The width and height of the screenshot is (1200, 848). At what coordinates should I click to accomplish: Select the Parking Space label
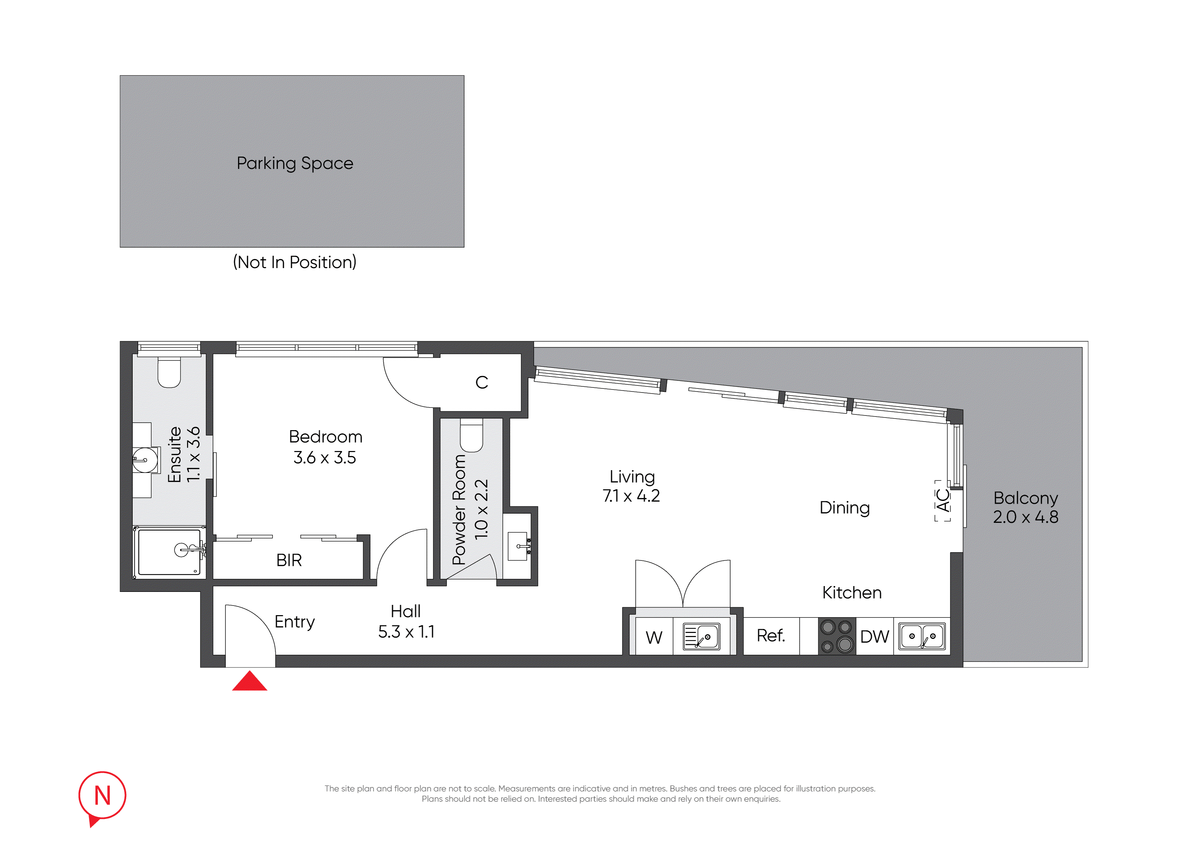coord(295,163)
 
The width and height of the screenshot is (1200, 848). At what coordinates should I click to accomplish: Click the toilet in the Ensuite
coord(169,372)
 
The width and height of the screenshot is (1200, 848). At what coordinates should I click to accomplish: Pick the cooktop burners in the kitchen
coord(837,636)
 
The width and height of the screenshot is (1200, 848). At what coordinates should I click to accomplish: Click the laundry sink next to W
coord(701,636)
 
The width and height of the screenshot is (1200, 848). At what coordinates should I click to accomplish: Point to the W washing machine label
coord(654,637)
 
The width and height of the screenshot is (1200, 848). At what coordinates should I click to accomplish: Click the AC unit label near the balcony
coord(942,501)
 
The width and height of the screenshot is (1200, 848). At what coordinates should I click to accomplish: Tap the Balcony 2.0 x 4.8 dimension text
coord(1026,517)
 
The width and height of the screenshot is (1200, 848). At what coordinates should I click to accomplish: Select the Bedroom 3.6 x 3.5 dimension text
coord(325,458)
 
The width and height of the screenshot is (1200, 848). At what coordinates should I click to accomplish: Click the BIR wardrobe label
coord(289,560)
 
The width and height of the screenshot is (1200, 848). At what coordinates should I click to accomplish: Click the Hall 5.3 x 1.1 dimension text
coord(406,632)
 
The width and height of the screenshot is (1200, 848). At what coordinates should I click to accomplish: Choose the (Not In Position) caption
coord(295,262)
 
